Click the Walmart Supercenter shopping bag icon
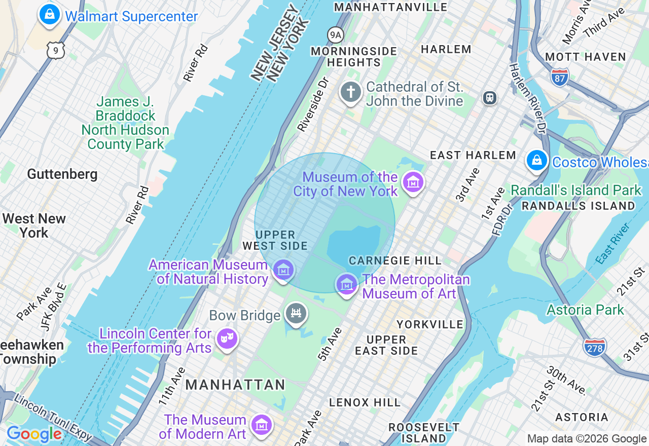click(49, 14)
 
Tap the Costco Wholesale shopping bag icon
click(536, 161)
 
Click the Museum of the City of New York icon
click(413, 182)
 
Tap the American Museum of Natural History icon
click(283, 270)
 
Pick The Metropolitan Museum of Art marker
click(347, 284)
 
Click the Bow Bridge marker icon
click(296, 314)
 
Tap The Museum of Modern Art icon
click(262, 425)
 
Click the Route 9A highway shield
click(335, 35)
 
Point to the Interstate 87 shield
click(559, 76)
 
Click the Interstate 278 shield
click(595, 348)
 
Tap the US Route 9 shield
click(55, 50)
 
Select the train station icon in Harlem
click(489, 97)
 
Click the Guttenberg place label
click(62, 174)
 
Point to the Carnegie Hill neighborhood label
click(395, 261)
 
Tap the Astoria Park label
click(585, 310)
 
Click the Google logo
click(34, 434)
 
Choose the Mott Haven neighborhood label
click(586, 57)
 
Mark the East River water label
click(614, 243)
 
